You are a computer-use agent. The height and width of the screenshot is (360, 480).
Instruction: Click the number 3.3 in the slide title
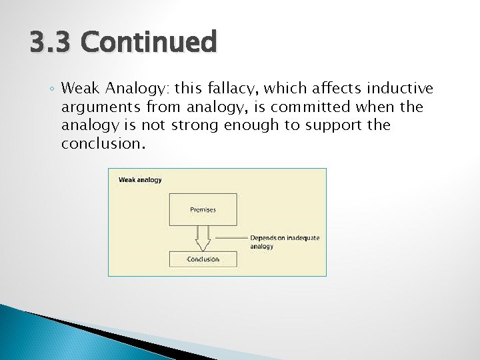click(x=51, y=42)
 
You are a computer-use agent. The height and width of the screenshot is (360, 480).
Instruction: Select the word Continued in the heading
click(x=149, y=42)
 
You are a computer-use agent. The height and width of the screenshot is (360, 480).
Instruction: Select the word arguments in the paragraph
click(x=97, y=107)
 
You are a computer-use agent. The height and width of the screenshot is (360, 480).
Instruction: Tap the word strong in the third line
click(x=194, y=125)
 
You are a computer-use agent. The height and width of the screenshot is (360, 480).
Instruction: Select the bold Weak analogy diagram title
click(x=140, y=179)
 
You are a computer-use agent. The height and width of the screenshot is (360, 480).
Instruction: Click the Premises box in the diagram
click(x=203, y=209)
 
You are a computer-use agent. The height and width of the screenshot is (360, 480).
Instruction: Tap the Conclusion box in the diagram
click(x=203, y=259)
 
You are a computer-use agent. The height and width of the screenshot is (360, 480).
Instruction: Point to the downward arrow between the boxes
click(x=203, y=238)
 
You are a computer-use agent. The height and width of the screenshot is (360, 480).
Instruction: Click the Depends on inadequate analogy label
click(x=275, y=241)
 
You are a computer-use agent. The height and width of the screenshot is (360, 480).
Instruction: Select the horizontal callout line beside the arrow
click(x=230, y=238)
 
